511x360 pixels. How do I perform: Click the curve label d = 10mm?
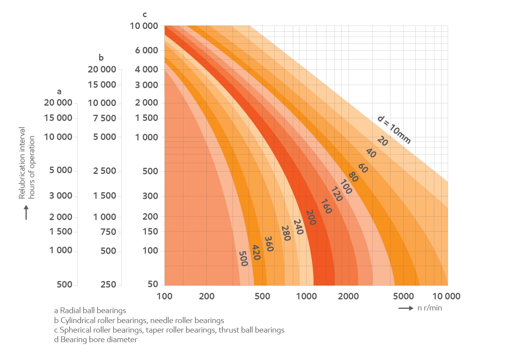pos(394,130)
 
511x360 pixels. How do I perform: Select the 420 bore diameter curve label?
pos(256,252)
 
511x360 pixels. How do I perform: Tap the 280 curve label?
pos(286,233)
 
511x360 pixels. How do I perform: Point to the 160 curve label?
pos(326,206)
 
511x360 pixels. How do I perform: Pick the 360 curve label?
pos(269,244)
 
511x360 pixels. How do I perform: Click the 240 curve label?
pos(298,227)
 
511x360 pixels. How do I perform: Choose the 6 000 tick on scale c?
pos(146,50)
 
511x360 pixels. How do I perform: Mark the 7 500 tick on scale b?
pos(104,118)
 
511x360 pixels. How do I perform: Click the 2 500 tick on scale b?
pos(104,171)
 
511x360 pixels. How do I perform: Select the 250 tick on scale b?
pos(108,284)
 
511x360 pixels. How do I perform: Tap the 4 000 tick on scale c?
pos(146,69)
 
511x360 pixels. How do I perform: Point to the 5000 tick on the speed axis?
pos(403,296)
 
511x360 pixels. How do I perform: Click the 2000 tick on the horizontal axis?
pos(348,296)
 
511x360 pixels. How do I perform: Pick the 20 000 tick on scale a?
pos(58,103)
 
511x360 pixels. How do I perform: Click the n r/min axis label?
pos(430,308)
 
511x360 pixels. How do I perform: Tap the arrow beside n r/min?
pos(406,308)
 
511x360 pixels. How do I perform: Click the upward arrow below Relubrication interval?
pos(26,212)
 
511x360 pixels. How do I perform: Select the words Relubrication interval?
pos(22,163)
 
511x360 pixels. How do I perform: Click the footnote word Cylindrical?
pos(79,320)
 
